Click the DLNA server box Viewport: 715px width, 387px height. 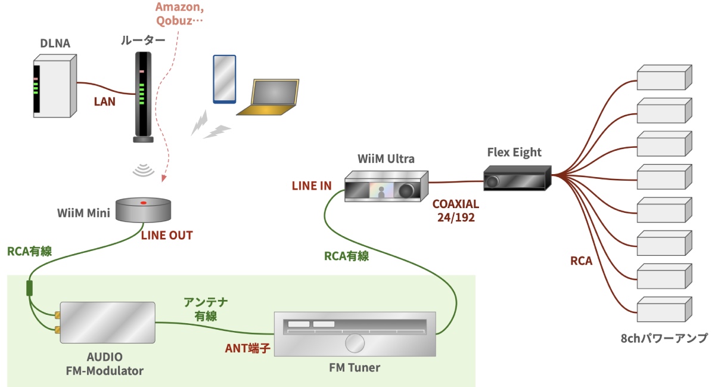pos(54,86)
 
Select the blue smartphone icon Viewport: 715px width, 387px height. pos(225,79)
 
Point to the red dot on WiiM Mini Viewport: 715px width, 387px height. pos(143,204)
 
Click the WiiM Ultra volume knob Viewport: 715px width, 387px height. pos(407,190)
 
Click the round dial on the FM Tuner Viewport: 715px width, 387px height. pos(355,343)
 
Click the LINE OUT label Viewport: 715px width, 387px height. pos(167,236)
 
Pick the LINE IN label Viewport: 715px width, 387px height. pos(312,185)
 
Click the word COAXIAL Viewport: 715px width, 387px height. pos(456,204)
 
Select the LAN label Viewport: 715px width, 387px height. pos(105,101)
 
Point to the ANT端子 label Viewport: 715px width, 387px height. pos(248,348)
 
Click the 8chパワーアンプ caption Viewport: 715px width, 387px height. pos(664,339)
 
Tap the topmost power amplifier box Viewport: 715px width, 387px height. pos(664,77)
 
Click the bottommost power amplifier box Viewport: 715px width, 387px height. pos(664,310)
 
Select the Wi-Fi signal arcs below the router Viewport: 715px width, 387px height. pos(144,171)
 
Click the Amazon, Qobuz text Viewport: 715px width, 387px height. pos(179,14)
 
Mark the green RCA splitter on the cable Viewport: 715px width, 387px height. pos(30,288)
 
